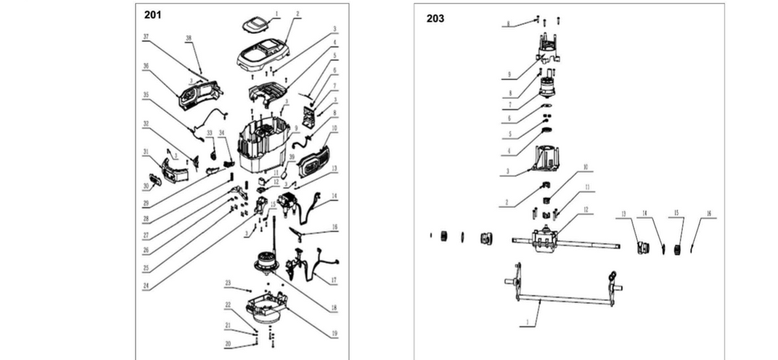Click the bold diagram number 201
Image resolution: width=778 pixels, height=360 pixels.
pyautogui.click(x=153, y=14)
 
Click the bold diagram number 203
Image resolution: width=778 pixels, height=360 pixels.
pyautogui.click(x=435, y=19)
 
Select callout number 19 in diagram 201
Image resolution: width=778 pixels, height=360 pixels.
pyautogui.click(x=334, y=333)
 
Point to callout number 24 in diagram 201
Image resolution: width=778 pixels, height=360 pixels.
pyautogui.click(x=146, y=286)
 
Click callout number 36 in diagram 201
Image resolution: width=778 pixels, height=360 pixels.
pyautogui.click(x=146, y=66)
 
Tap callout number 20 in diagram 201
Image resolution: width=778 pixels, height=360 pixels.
pyautogui.click(x=228, y=344)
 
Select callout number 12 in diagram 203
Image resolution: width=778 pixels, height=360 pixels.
pyautogui.click(x=586, y=210)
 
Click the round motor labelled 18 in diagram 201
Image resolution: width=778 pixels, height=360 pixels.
pyautogui.click(x=265, y=262)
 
